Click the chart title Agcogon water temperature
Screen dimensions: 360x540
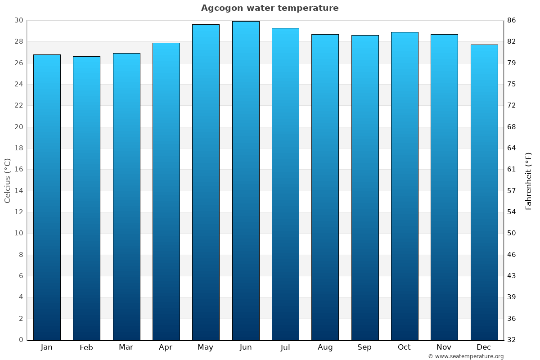pyautogui.click(x=270, y=8)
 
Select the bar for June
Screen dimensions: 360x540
pyautogui.click(x=246, y=180)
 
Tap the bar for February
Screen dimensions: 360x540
pyautogui.click(x=86, y=198)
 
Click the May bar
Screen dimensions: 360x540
pyautogui.click(x=206, y=182)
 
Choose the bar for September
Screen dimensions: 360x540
pyautogui.click(x=364, y=187)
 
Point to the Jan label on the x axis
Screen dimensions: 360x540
pyautogui.click(x=47, y=347)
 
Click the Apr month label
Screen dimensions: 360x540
pyautogui.click(x=166, y=347)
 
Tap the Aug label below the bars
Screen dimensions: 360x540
pyautogui.click(x=325, y=347)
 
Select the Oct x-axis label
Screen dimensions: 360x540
pyautogui.click(x=404, y=347)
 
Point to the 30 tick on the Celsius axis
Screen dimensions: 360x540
pyautogui.click(x=18, y=20)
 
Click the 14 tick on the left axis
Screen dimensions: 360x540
pyautogui.click(x=18, y=191)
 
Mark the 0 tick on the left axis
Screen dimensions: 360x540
pyautogui.click(x=21, y=340)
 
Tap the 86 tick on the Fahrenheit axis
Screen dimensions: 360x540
pyautogui.click(x=512, y=20)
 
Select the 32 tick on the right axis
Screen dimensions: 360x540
pyautogui.click(x=512, y=340)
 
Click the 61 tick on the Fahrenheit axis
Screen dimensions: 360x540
pyautogui.click(x=512, y=169)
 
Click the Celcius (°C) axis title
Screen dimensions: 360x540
pyautogui.click(x=8, y=180)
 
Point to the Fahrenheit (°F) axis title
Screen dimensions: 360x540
pyautogui.click(x=529, y=180)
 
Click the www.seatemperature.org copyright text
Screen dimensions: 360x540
pyautogui.click(x=466, y=356)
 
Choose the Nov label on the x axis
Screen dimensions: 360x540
pyautogui.click(x=444, y=347)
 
